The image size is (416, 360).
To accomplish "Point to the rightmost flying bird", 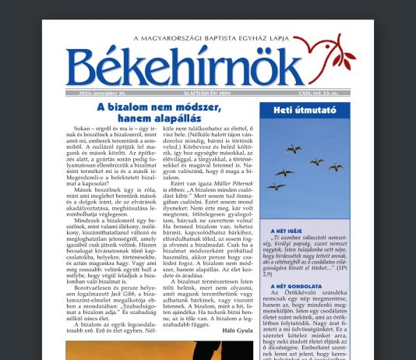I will [x=336, y=166].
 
